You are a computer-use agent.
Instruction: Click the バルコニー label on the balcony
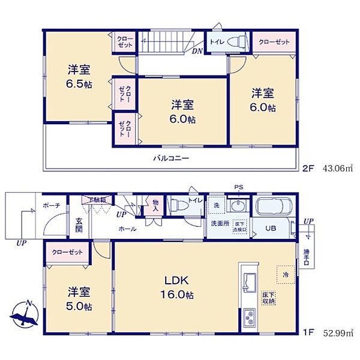pos(170,158)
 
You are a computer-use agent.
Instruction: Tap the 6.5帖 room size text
pos(79,83)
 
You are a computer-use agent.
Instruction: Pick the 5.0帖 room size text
pos(79,307)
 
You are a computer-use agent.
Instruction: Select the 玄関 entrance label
pos(79,227)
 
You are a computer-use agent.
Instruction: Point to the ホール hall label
pos(127,229)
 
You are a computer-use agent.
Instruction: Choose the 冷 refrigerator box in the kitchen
pos(285,274)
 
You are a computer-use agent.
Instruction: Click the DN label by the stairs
pos(197,51)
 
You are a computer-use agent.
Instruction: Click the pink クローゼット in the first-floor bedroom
pos(67,253)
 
